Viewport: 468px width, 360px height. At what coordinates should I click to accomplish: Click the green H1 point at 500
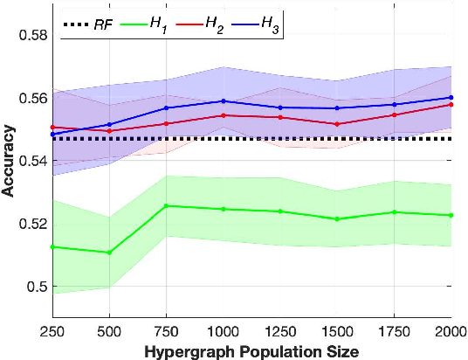tap(109, 253)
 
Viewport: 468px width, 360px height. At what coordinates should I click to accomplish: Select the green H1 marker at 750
tap(166, 206)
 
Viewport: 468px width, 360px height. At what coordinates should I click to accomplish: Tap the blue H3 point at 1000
tap(223, 101)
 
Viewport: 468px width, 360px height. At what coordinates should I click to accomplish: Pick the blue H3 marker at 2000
tap(451, 98)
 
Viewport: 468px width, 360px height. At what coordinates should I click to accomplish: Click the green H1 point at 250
tap(52, 247)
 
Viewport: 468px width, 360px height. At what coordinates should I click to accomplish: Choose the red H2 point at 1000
tap(223, 115)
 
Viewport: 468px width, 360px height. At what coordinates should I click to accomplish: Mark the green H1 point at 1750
tap(394, 212)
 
